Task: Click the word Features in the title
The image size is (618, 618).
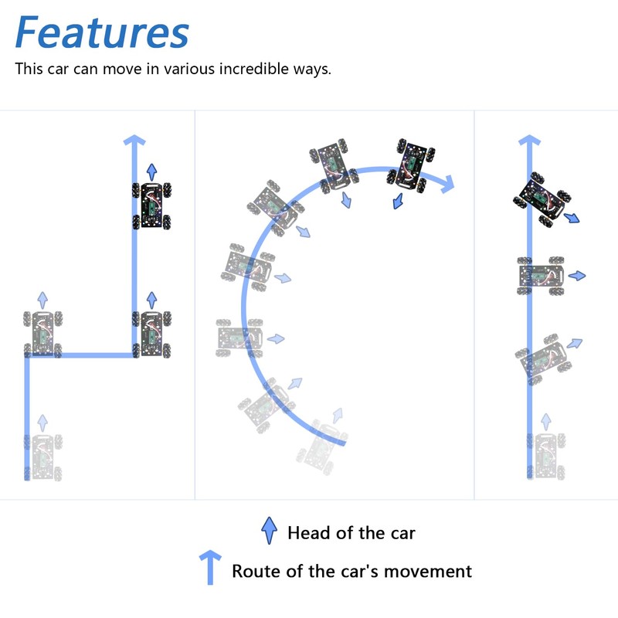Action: (x=102, y=32)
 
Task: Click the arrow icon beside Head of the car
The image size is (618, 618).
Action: (x=270, y=531)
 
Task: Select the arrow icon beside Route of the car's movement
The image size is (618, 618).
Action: (x=210, y=567)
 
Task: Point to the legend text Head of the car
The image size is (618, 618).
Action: (x=351, y=532)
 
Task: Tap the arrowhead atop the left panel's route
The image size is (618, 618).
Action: (x=135, y=141)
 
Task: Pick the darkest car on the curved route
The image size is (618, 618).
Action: (x=410, y=165)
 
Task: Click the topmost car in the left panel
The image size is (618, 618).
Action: (x=152, y=205)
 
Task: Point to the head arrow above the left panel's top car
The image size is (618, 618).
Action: (x=151, y=171)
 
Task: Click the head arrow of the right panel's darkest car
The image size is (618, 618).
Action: (x=572, y=219)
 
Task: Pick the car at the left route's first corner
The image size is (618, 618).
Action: (x=43, y=334)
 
